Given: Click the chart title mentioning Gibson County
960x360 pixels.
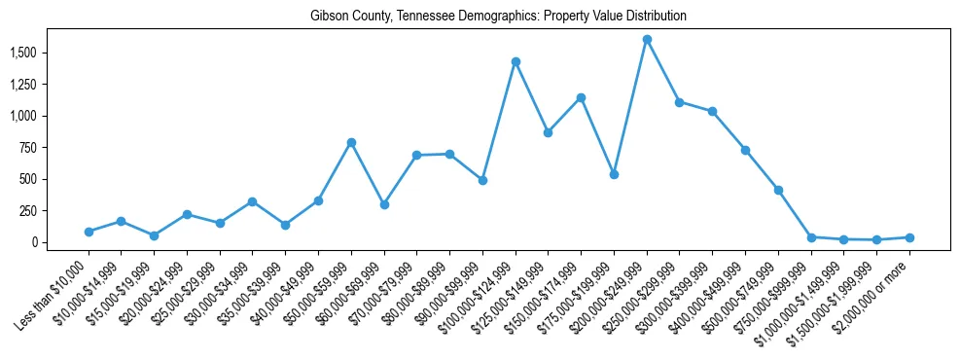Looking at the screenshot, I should [498, 17].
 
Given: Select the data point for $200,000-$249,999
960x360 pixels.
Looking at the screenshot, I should [647, 40].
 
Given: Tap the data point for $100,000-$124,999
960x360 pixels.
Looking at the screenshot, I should [516, 61].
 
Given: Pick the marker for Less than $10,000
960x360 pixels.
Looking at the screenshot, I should [89, 232].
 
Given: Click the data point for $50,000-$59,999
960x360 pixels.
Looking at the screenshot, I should [351, 142].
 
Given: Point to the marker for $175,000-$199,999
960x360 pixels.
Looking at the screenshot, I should [614, 174].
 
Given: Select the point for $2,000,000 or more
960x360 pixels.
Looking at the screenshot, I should [909, 237].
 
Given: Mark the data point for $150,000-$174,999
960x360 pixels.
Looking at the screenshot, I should [581, 97].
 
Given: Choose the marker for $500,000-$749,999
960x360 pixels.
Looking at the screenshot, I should [778, 190].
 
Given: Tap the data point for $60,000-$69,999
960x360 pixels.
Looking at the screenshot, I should [384, 204].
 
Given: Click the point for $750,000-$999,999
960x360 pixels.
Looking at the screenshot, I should [811, 237].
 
